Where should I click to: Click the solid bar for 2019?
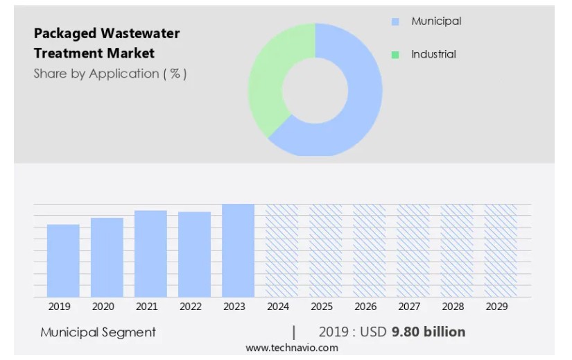point(63,261)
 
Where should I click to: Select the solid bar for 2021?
point(150,254)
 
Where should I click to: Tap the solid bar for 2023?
point(238,250)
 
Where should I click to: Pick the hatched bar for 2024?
point(281,250)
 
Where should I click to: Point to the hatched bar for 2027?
point(413,250)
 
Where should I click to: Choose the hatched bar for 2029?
point(500,250)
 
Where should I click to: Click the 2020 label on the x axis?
point(103,307)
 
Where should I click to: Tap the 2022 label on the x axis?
point(190,307)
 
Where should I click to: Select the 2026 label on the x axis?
point(365,307)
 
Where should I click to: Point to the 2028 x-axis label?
point(453,307)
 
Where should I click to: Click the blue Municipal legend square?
point(395,22)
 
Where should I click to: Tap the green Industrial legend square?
point(395,55)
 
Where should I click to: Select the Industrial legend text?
point(433,54)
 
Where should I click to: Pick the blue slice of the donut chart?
point(361,104)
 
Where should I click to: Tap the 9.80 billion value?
point(428,332)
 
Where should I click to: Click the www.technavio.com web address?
point(291,348)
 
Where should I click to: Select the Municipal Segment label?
point(98,332)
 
